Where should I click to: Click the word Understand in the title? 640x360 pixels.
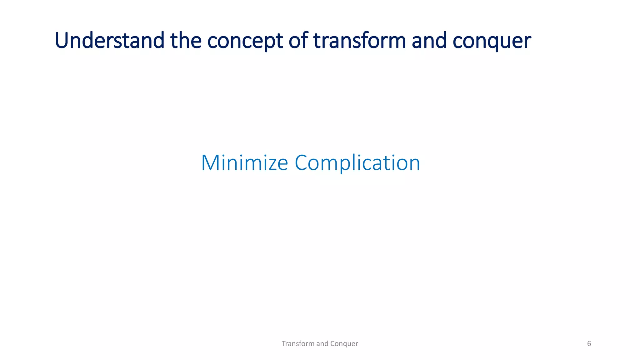(109, 41)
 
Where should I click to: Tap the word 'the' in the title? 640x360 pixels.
(186, 41)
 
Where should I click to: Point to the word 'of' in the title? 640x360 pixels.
(298, 41)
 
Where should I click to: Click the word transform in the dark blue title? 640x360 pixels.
(359, 41)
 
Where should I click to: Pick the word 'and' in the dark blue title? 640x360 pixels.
(429, 41)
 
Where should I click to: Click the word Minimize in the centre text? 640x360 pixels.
(244, 162)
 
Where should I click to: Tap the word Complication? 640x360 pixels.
(357, 163)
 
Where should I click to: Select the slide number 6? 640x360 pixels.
(589, 344)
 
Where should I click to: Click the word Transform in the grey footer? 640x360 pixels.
(298, 344)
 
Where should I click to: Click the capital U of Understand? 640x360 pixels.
(62, 41)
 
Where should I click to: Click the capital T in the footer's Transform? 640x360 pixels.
(283, 344)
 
